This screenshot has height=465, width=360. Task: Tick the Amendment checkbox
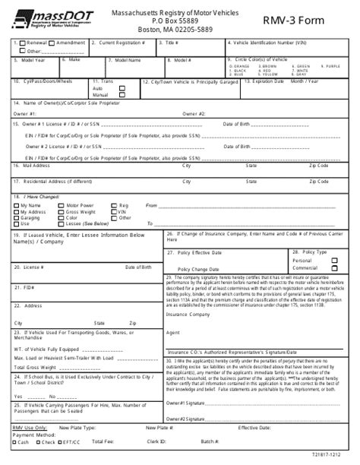tap(51, 44)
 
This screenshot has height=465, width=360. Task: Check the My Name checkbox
tap(18, 205)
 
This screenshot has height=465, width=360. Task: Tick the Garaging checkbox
tap(18, 217)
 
